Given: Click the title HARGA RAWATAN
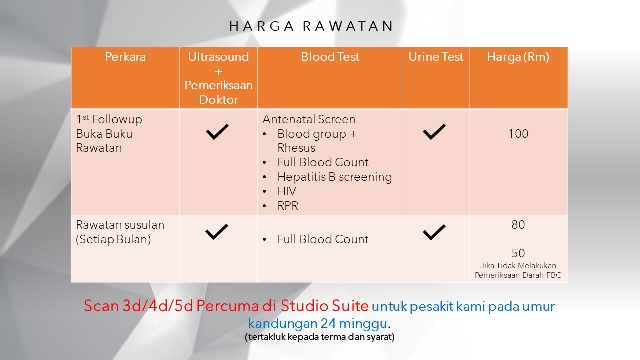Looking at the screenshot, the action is [x=311, y=26].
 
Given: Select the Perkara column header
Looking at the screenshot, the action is [x=125, y=57].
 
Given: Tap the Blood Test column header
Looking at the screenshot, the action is [x=330, y=57].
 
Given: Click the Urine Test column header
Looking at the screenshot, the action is [x=435, y=57].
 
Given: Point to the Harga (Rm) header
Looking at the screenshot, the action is [x=518, y=57].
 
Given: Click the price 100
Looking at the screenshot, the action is [x=518, y=134].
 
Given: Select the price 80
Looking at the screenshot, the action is [x=518, y=225].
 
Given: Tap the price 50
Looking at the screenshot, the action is [x=518, y=253].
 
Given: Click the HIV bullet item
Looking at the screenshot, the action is [x=287, y=191].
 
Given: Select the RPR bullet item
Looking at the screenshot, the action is [x=287, y=206].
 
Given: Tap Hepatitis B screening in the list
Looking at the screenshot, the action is [x=334, y=177].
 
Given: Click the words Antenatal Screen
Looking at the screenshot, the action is [x=309, y=119].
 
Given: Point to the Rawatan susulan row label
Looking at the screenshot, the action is [x=120, y=232].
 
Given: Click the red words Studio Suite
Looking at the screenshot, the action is [x=325, y=306].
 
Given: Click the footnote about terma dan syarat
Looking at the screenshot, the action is [x=319, y=337].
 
